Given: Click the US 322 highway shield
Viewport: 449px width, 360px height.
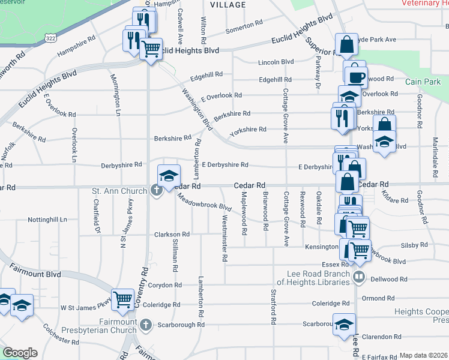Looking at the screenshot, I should click(50, 38).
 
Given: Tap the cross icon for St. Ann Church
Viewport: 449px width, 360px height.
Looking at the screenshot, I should click(157, 191).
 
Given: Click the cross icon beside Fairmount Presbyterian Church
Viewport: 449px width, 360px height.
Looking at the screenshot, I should click(146, 325).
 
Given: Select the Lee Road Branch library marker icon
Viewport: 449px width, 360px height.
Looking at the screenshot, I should click(359, 277).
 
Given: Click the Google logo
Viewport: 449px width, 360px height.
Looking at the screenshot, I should click(20, 352).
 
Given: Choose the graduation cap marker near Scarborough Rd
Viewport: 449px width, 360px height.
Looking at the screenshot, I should click(343, 324).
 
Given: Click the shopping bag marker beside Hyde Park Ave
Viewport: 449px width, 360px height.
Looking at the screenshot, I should click(346, 43).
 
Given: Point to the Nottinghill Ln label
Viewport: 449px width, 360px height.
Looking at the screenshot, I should click(47, 220).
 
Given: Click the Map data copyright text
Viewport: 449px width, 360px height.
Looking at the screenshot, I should click(423, 355).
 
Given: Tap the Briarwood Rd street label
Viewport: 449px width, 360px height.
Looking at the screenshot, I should click(265, 209).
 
